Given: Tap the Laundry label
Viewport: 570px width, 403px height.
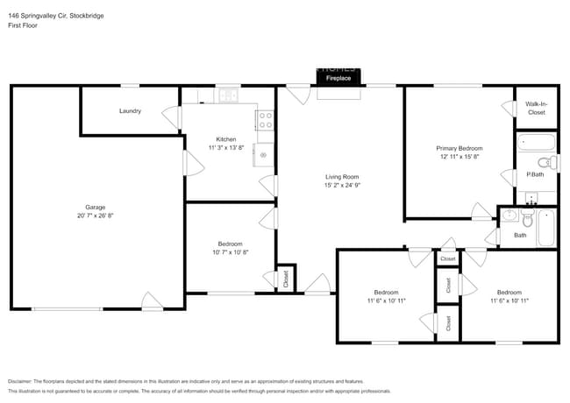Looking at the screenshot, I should point(131,111).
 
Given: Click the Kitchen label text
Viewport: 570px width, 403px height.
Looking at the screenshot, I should point(226,139).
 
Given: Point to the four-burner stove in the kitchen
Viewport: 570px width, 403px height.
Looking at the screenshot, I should point(265,121).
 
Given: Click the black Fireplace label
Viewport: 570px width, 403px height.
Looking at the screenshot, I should point(338,78).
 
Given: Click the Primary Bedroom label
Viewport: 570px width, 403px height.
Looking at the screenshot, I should point(460,148).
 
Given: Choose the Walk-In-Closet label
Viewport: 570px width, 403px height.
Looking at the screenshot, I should point(536,109).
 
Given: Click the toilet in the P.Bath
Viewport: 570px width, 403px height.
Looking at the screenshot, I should point(544,161).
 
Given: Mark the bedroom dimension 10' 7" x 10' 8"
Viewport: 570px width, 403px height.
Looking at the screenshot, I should point(230,252).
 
